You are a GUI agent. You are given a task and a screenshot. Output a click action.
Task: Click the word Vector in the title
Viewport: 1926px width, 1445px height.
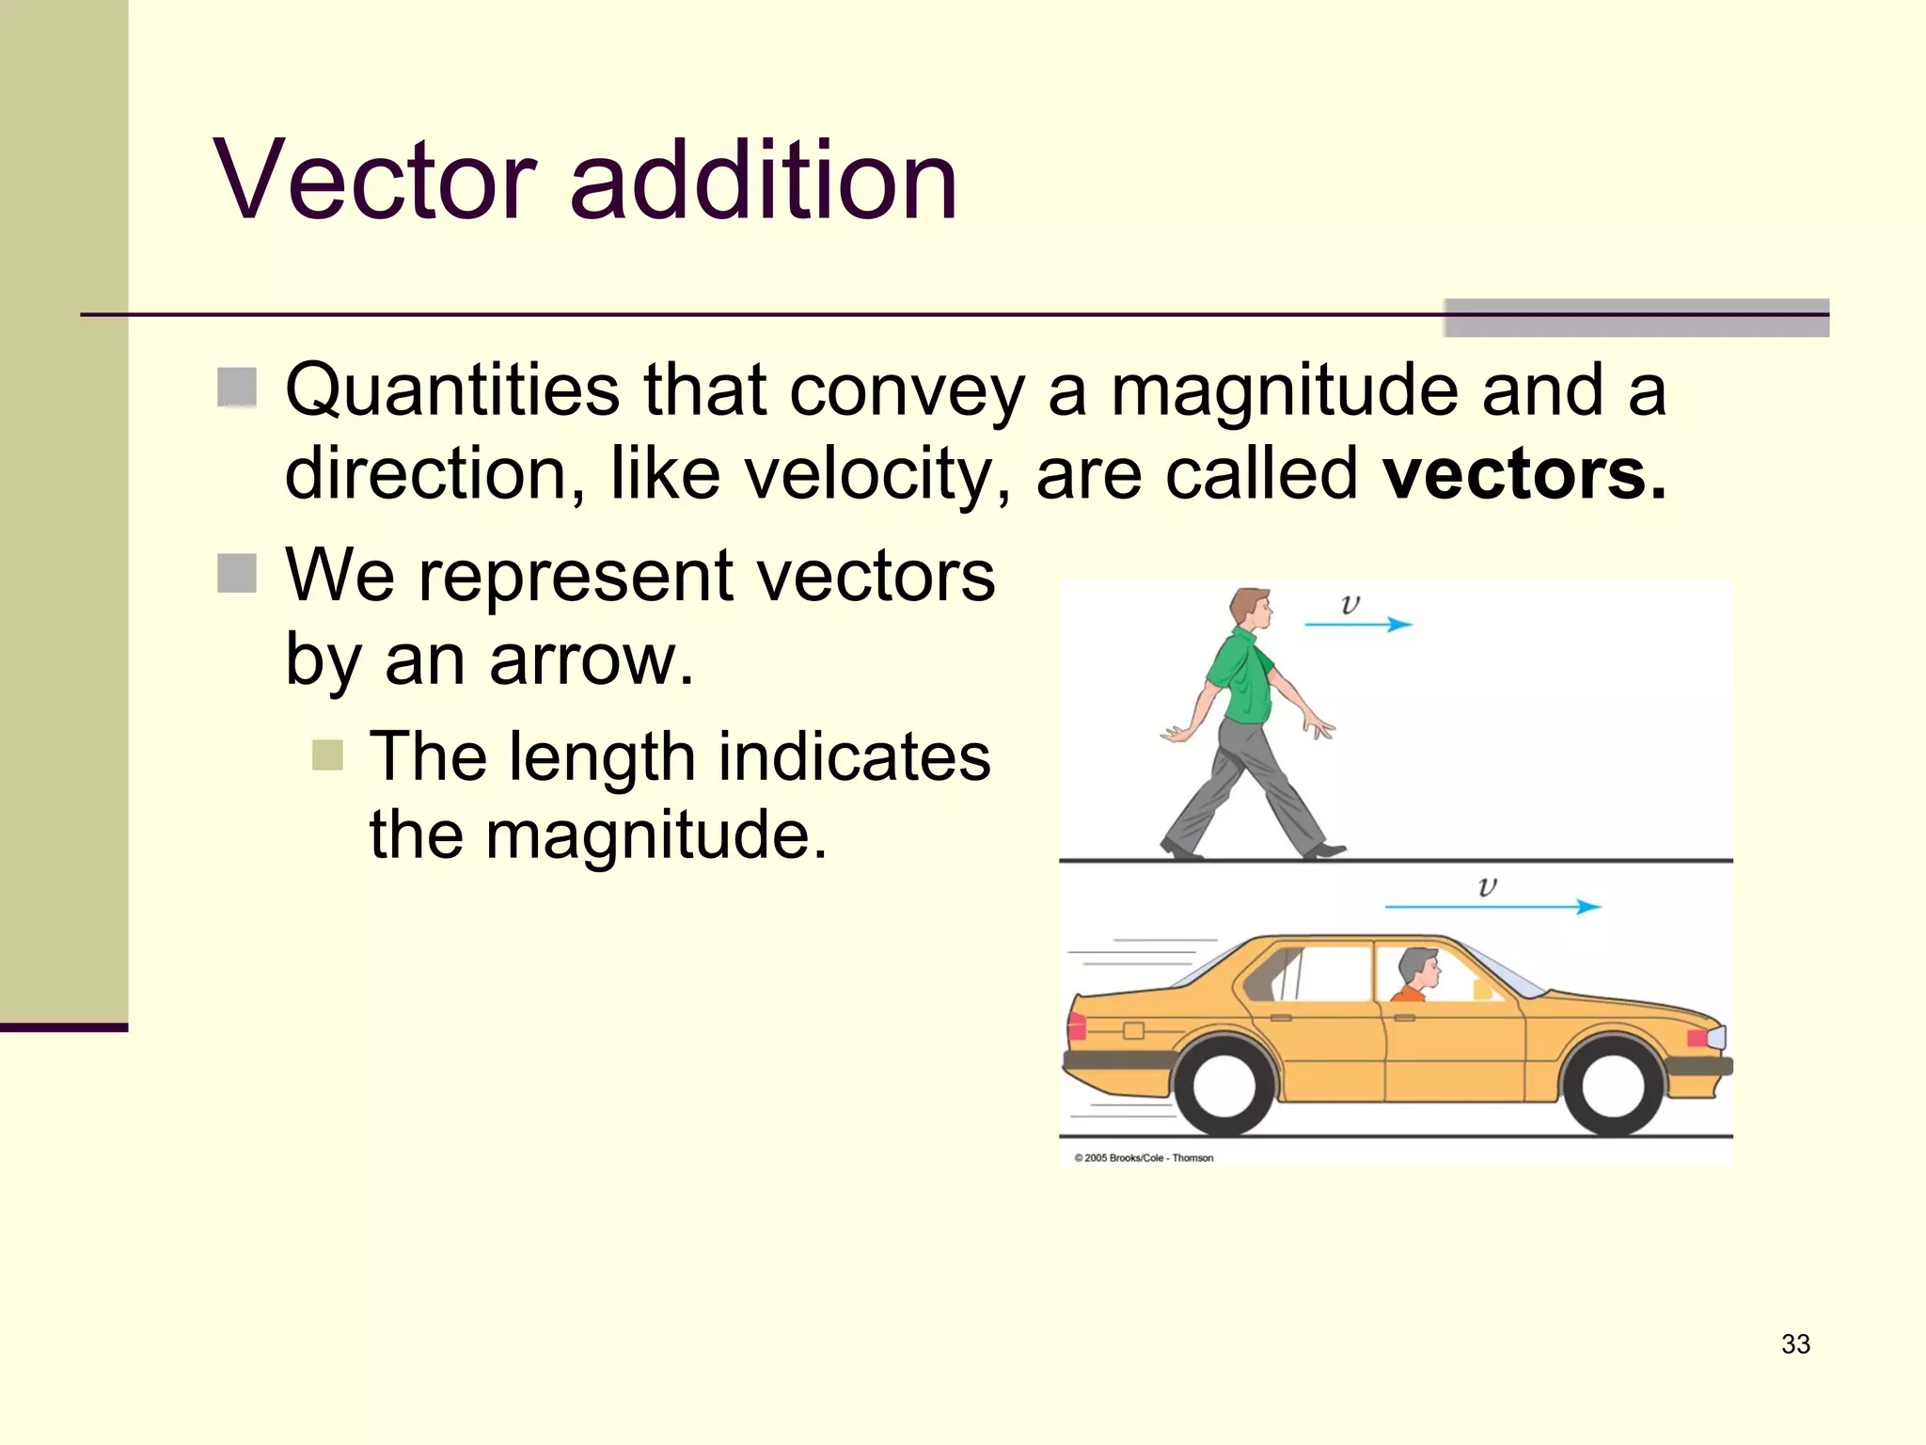[x=375, y=180]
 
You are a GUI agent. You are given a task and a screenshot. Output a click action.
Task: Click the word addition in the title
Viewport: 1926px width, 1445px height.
[x=763, y=180]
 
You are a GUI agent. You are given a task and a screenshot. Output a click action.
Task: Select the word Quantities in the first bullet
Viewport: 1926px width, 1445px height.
[x=452, y=389]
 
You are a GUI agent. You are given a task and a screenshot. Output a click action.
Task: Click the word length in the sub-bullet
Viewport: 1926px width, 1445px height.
[x=602, y=756]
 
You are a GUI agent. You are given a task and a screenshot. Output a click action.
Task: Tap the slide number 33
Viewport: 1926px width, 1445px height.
[x=1794, y=1343]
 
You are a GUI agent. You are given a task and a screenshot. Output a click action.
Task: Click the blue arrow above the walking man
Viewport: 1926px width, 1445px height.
[x=1358, y=624]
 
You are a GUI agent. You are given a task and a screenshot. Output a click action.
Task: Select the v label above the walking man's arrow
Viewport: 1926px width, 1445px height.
[x=1350, y=604]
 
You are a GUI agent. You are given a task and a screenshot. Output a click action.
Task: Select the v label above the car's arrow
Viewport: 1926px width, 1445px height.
[x=1487, y=886]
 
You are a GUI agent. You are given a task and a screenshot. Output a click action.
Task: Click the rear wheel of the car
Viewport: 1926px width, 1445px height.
[x=1223, y=1085]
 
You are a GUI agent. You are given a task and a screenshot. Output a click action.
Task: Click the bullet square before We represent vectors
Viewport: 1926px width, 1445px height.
[x=237, y=573]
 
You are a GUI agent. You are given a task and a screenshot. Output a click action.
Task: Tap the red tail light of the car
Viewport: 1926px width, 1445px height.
[x=1078, y=1027]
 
